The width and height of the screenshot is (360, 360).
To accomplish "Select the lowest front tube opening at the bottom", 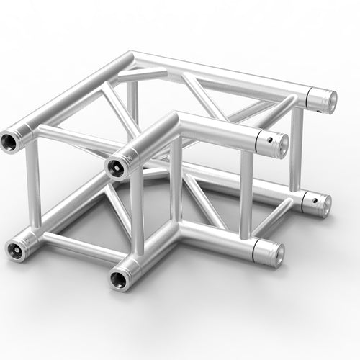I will (x=118, y=276).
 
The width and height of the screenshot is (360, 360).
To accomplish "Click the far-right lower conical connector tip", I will (x=323, y=205).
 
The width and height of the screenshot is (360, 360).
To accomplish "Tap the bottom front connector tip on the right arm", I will (x=276, y=253).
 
